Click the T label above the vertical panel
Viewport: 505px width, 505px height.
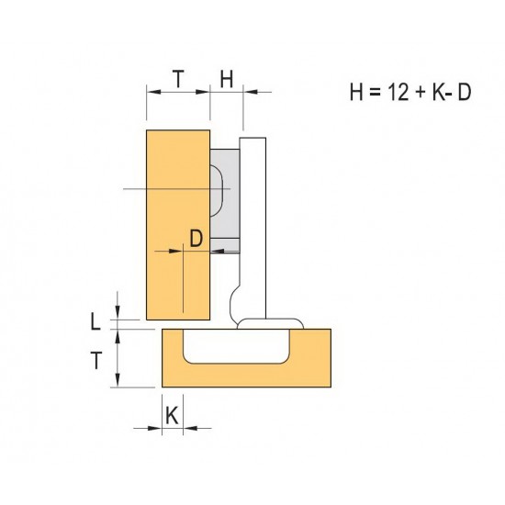[x=178, y=79]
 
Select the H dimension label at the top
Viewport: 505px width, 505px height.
[x=227, y=79]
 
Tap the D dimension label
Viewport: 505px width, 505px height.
[x=196, y=239]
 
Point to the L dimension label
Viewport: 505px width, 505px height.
[x=95, y=322]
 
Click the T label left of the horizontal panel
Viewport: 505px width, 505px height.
[x=96, y=361]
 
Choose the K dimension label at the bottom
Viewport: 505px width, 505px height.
[x=172, y=415]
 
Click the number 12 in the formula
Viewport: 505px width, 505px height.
[x=398, y=92]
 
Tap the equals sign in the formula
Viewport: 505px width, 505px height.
[x=375, y=93]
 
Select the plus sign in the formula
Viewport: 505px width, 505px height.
[x=421, y=93]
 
